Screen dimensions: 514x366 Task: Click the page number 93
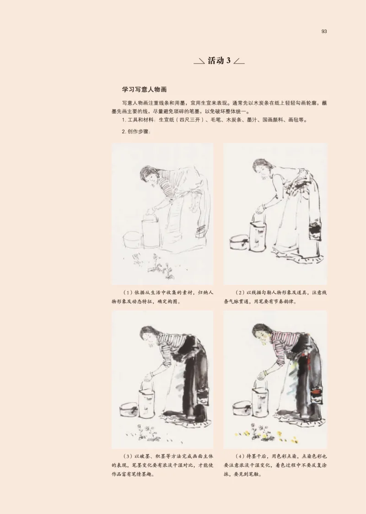point(324,32)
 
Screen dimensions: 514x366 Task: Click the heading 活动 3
point(219,60)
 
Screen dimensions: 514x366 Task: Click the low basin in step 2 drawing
point(239,241)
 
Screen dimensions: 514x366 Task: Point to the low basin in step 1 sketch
point(132,240)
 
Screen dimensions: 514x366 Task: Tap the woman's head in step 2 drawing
point(260,168)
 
